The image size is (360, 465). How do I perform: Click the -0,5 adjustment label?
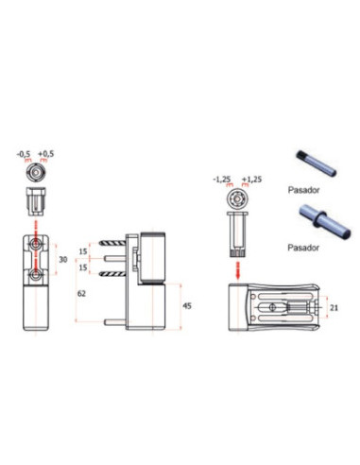click(x=24, y=154)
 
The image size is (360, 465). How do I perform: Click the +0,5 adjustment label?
click(x=46, y=154)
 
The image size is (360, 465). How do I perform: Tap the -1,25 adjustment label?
click(x=222, y=180)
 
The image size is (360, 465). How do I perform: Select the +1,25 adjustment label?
click(x=251, y=180)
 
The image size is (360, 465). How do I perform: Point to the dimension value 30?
click(x=63, y=260)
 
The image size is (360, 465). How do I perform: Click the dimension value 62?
click(x=81, y=294)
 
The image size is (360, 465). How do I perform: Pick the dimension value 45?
click(x=187, y=306)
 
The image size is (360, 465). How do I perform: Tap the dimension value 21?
click(x=334, y=307)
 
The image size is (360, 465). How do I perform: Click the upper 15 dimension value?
click(x=83, y=251)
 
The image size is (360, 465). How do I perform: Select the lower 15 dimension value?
click(x=83, y=267)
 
